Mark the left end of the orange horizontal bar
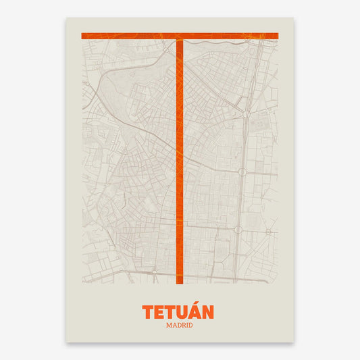(x=83, y=36)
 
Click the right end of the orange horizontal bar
(x=278, y=36)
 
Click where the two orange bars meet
(x=180, y=36)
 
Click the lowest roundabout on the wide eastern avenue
(x=238, y=230)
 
